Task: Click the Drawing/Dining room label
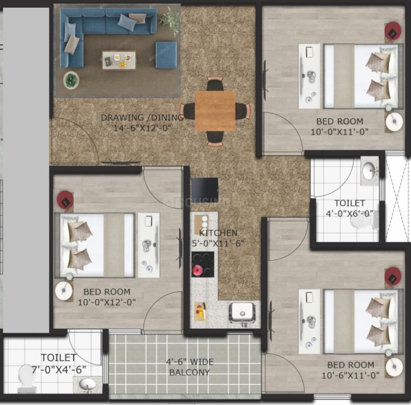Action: (x=142, y=118)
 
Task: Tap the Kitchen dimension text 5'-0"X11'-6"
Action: (x=218, y=243)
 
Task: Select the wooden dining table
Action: (x=215, y=111)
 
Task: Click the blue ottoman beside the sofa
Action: (x=166, y=55)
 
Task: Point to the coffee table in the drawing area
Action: (x=119, y=60)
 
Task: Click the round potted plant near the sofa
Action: (x=71, y=80)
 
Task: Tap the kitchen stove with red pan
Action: (x=202, y=264)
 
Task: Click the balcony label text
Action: (x=189, y=367)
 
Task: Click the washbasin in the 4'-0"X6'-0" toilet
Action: (x=369, y=171)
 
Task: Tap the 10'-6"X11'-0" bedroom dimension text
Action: (x=350, y=375)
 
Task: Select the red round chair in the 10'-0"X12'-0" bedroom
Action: (x=65, y=200)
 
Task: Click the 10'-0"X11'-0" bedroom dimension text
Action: (x=339, y=132)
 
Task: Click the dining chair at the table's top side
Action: (x=215, y=83)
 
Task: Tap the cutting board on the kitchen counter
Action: (x=201, y=312)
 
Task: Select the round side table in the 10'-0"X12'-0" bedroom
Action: (x=64, y=290)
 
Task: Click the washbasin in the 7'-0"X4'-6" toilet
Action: (x=88, y=384)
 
